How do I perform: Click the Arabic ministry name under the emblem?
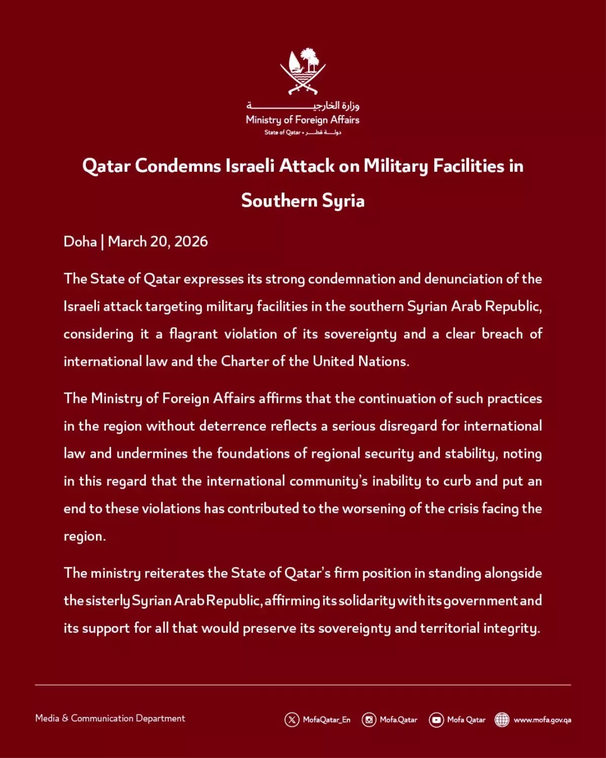point(303,106)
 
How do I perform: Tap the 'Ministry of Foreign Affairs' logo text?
point(302,120)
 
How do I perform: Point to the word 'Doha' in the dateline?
point(80,242)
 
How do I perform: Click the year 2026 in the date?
point(190,242)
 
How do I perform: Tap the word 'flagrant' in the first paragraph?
point(193,334)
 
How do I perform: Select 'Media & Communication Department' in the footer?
point(110,718)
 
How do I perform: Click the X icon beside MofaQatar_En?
point(292,720)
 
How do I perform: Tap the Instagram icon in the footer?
point(369,720)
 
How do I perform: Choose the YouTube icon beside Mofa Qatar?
point(436,720)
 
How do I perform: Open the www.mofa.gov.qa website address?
point(542,720)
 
